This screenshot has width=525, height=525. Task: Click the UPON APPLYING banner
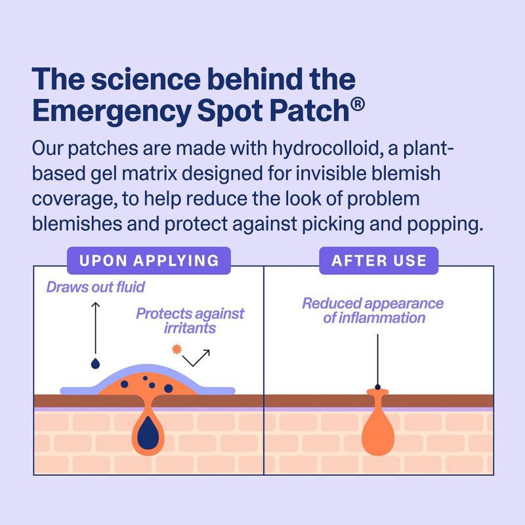149,260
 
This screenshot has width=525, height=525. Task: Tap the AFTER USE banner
379,260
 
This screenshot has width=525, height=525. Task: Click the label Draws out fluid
95,287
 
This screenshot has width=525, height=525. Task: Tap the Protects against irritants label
190,320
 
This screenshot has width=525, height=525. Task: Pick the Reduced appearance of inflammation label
373,310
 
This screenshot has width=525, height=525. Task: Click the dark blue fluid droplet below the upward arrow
96,362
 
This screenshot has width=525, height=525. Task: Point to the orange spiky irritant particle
176,349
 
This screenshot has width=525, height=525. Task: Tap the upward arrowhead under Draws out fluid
96,306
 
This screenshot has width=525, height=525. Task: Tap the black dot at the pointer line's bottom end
377,386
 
